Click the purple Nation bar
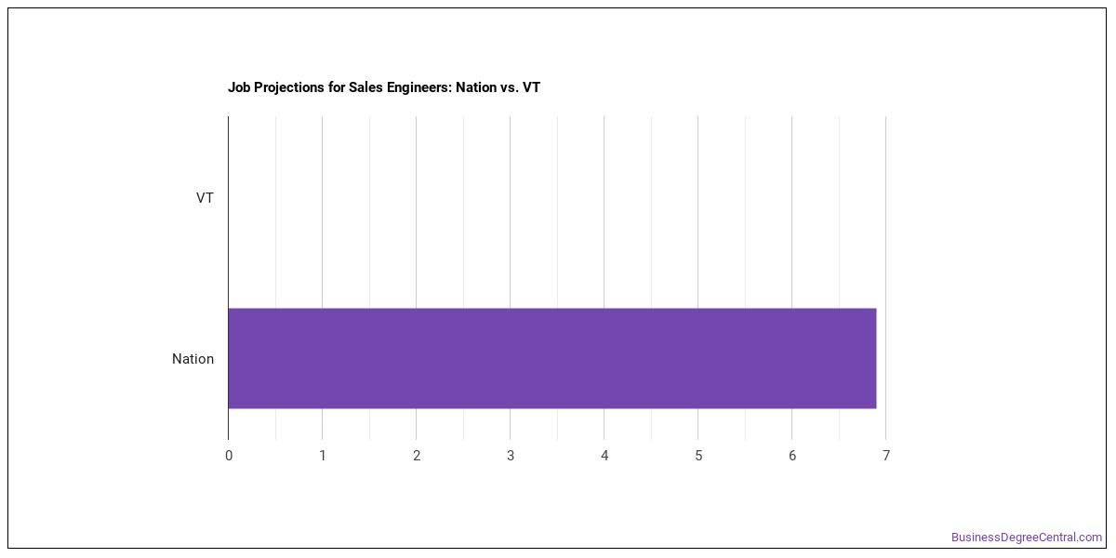[552, 358]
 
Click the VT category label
[205, 198]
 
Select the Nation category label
[193, 359]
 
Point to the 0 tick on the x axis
[229, 456]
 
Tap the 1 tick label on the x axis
[323, 456]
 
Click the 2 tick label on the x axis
[417, 456]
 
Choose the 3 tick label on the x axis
[511, 456]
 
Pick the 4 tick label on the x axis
[604, 456]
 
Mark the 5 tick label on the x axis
[698, 456]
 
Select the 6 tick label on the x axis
[792, 456]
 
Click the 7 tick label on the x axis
[885, 456]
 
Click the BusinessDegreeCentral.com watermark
[1027, 538]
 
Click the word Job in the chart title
[239, 87]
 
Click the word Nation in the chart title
[476, 87]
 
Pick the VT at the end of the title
[531, 87]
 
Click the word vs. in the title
[510, 87]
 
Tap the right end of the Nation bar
[876, 358]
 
